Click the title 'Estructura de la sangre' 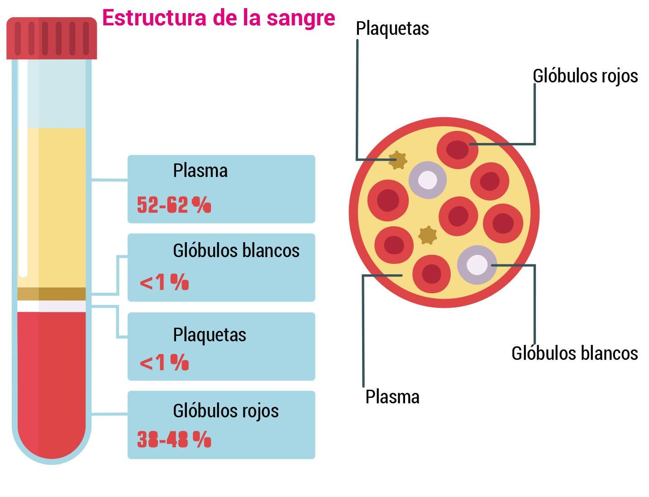click(219, 18)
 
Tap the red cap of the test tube click(52, 38)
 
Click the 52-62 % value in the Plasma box click(174, 205)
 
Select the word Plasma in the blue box click(200, 171)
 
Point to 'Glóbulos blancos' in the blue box click(236, 250)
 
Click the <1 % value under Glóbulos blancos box click(164, 282)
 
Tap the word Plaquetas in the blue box click(210, 335)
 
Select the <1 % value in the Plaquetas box click(164, 363)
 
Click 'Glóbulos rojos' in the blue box click(225, 411)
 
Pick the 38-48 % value click(174, 440)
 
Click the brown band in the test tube click(52, 294)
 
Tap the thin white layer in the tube click(52, 306)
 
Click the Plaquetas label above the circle click(392, 29)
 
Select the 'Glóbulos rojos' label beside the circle click(585, 76)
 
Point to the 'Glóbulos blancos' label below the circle click(574, 353)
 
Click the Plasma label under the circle click(392, 397)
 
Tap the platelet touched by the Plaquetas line click(398, 160)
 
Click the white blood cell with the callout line click(477, 265)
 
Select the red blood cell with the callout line click(458, 149)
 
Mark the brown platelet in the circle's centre click(427, 235)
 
